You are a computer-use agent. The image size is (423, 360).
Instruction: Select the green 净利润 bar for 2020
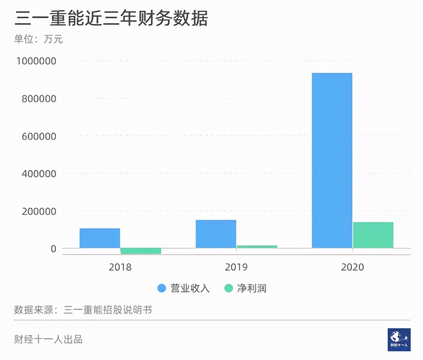click(373, 235)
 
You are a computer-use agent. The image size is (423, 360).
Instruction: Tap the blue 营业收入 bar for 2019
click(216, 234)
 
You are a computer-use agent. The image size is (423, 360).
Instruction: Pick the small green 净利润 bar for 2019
click(257, 247)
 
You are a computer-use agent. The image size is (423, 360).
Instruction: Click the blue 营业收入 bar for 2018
click(100, 238)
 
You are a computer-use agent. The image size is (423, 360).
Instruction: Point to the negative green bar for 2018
click(141, 251)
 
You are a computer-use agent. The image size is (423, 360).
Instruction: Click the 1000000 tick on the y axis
click(36, 61)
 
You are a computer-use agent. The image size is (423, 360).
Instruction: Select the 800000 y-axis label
click(39, 99)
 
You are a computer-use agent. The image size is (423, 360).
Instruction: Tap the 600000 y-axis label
click(39, 136)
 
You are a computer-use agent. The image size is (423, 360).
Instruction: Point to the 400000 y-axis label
click(39, 174)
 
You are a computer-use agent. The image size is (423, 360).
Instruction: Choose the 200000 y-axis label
click(39, 211)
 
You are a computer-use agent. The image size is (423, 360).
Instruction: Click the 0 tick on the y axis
click(54, 249)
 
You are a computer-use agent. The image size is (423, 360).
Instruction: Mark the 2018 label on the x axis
click(120, 267)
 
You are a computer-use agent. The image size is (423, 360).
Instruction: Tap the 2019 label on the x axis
click(236, 267)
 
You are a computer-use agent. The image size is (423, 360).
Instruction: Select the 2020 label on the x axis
click(352, 267)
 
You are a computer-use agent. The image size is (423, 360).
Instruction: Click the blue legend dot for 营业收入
click(162, 288)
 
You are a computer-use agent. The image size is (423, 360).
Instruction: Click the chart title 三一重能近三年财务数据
click(111, 18)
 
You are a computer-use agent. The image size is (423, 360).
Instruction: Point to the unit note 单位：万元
click(38, 39)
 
